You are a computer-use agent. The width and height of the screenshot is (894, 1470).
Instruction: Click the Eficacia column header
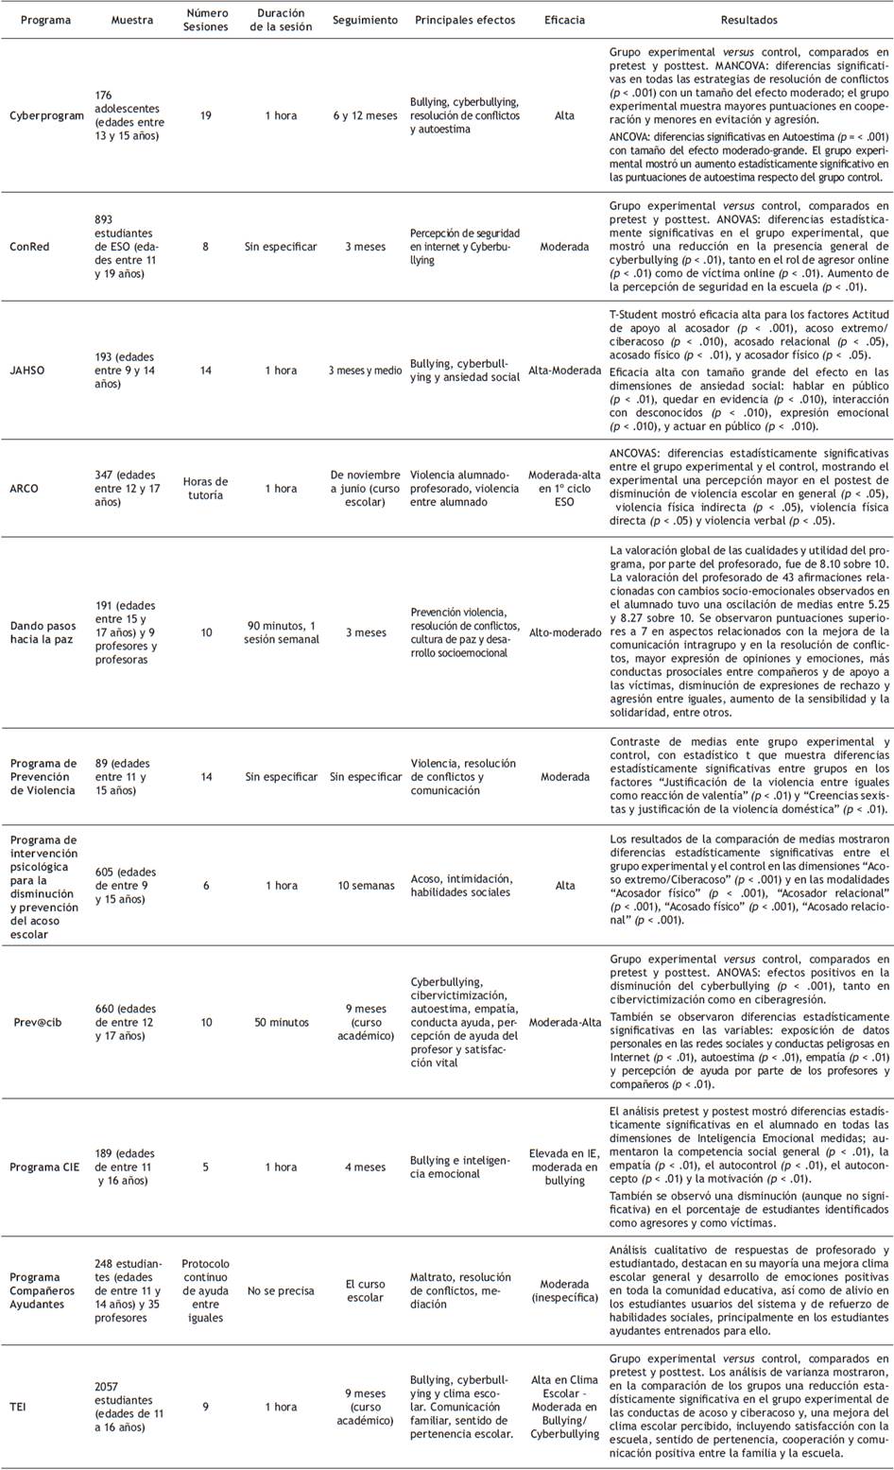point(564,20)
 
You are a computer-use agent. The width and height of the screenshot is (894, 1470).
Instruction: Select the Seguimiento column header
point(365,20)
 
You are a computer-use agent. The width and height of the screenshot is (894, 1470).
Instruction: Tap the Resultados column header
point(748,20)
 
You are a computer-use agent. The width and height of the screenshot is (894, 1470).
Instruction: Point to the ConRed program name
point(29,247)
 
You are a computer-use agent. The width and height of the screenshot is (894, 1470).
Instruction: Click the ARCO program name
point(25,489)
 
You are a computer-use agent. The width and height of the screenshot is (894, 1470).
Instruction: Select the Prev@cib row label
point(39,1022)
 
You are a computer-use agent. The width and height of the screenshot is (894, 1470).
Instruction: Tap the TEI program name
point(18,1407)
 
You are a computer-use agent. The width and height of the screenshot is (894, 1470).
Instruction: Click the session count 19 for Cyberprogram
point(206,115)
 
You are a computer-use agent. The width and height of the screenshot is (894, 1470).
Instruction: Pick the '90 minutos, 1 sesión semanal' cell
point(281,632)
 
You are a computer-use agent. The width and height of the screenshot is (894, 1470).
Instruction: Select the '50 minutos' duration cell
point(281,1022)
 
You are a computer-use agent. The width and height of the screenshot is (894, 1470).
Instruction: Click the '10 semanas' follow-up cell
point(366,886)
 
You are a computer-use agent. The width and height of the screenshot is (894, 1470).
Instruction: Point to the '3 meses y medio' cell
point(365,371)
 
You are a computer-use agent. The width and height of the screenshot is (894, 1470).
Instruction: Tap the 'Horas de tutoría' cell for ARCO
point(206,489)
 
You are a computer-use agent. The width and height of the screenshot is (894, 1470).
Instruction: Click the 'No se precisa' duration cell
point(281,1290)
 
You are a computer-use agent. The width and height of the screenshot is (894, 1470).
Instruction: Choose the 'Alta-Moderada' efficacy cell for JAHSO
point(564,371)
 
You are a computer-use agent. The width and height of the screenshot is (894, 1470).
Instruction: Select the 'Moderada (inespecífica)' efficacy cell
point(564,1290)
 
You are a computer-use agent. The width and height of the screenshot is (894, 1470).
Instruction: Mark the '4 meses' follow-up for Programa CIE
point(365,1167)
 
